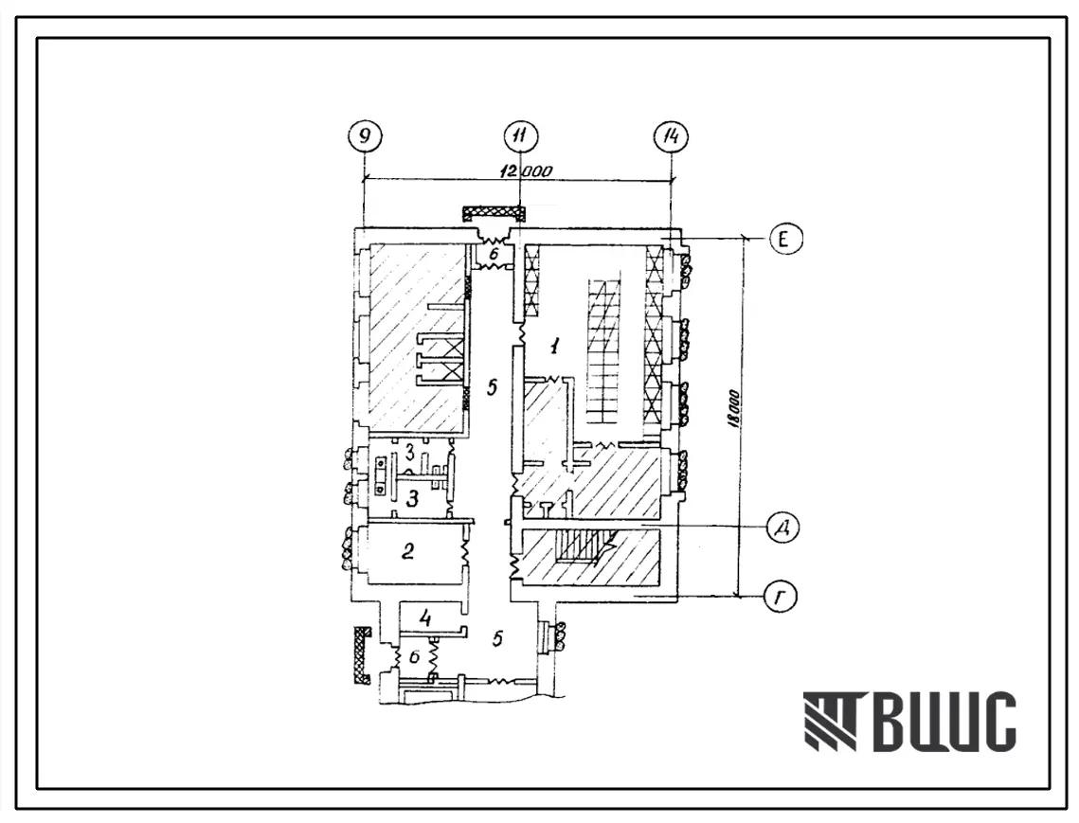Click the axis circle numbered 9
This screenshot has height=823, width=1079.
click(365, 136)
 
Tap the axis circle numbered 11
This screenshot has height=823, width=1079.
click(519, 136)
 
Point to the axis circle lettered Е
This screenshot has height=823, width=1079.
click(786, 239)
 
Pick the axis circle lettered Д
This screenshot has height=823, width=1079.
click(783, 528)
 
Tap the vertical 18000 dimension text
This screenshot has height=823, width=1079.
click(733, 411)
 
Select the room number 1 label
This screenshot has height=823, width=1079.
click(554, 346)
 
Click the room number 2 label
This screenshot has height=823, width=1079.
click(408, 550)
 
